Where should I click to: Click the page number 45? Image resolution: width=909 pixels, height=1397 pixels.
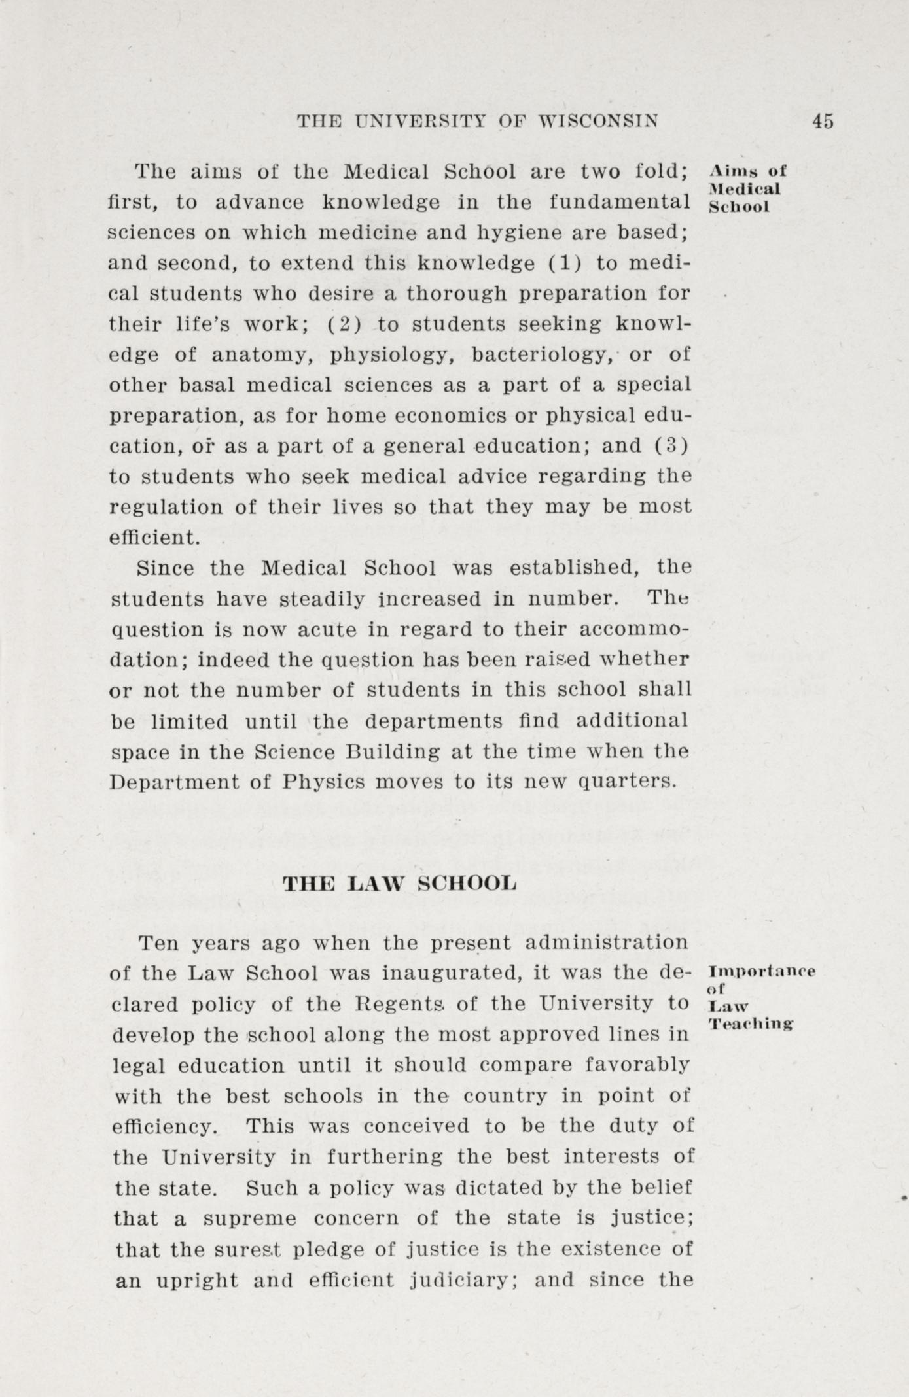(823, 121)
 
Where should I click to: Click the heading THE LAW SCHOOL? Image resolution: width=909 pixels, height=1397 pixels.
(399, 884)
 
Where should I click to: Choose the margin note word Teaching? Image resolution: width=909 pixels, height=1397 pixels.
(752, 1023)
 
